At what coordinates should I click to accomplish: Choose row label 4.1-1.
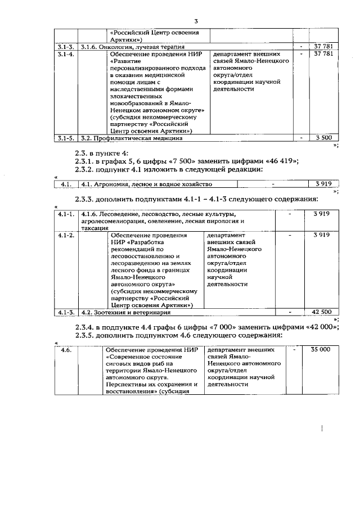[x=67, y=214]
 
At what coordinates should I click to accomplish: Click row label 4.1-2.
[x=67, y=236]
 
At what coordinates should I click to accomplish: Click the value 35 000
[x=321, y=350]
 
